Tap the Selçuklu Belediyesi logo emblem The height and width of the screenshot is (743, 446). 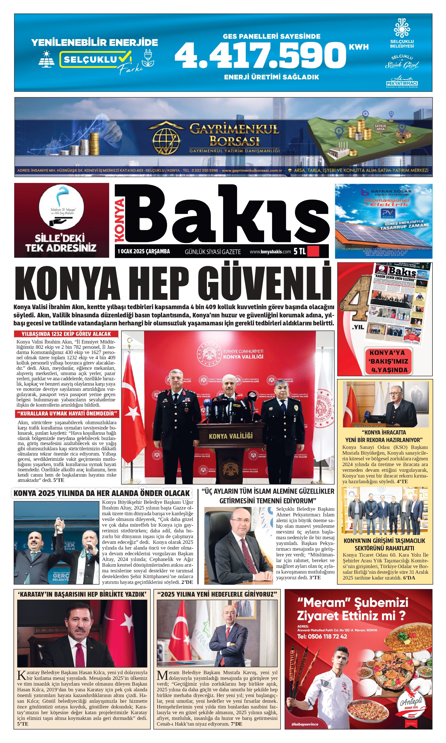point(402,28)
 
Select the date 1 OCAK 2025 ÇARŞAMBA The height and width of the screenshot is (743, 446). point(144,251)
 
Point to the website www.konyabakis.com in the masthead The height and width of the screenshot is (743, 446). point(270,252)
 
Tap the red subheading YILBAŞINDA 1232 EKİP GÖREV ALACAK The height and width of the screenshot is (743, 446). point(66,334)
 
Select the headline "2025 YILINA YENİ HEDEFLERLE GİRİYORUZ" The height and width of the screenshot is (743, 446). point(217,594)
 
